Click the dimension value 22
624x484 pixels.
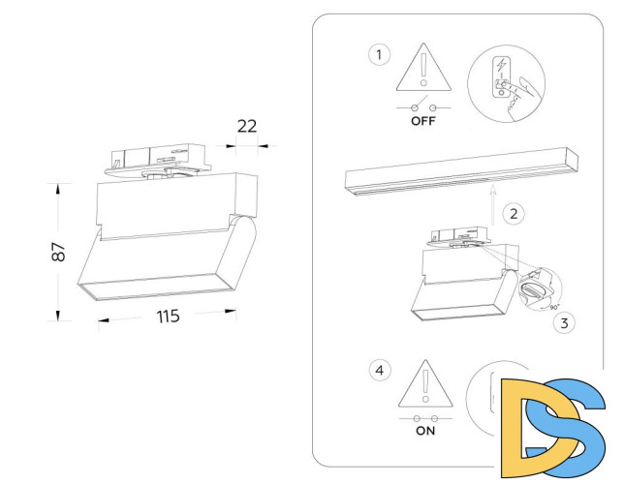[246, 125]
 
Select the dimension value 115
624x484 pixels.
[167, 317]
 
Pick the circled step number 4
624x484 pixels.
[379, 369]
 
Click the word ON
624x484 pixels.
[425, 432]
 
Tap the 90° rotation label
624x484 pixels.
[553, 307]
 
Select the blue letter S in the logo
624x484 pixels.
[576, 420]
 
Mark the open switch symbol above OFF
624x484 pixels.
[425, 106]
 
